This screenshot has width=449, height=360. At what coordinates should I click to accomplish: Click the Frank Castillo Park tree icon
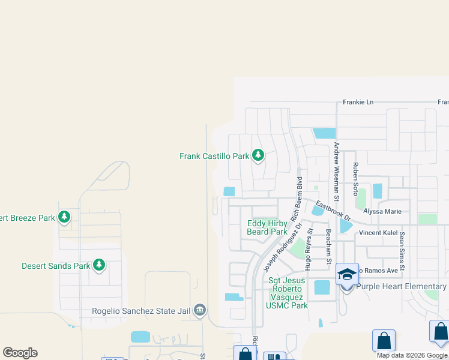tap(258, 155)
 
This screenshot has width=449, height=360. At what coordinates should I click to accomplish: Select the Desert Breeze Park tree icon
tap(64, 217)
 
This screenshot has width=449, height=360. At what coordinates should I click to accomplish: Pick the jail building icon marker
tap(200, 310)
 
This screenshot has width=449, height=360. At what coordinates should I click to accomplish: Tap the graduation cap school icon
tap(347, 274)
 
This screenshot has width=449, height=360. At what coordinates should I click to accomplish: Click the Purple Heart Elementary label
tap(402, 287)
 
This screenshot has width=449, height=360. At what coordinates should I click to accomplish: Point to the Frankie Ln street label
tap(358, 102)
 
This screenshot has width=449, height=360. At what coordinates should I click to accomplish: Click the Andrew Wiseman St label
tap(337, 171)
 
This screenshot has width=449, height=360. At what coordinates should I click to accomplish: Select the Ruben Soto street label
tap(355, 178)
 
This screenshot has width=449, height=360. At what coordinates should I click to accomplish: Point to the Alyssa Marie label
tap(382, 212)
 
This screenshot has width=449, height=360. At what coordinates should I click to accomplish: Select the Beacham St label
tap(328, 246)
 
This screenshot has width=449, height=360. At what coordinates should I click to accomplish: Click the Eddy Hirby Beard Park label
tap(267, 227)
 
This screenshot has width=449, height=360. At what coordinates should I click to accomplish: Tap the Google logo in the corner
tap(20, 353)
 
